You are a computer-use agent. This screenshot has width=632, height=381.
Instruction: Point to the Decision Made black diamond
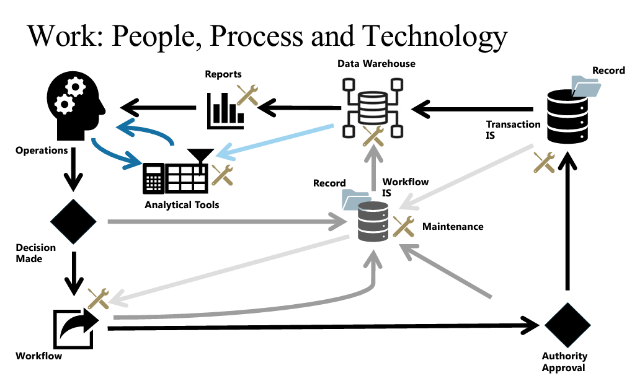(73, 222)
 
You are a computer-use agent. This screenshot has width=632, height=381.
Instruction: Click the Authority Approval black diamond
(567, 325)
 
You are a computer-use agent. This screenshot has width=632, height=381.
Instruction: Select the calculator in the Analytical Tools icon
(153, 178)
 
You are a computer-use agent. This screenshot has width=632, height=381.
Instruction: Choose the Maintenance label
(453, 227)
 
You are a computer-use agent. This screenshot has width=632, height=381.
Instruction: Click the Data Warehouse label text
(376, 64)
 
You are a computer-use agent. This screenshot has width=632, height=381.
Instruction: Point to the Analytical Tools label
(182, 204)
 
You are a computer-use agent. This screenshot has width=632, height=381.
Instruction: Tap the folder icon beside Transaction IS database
(585, 87)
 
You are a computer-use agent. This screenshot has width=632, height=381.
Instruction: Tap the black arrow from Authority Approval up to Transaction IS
(566, 223)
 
